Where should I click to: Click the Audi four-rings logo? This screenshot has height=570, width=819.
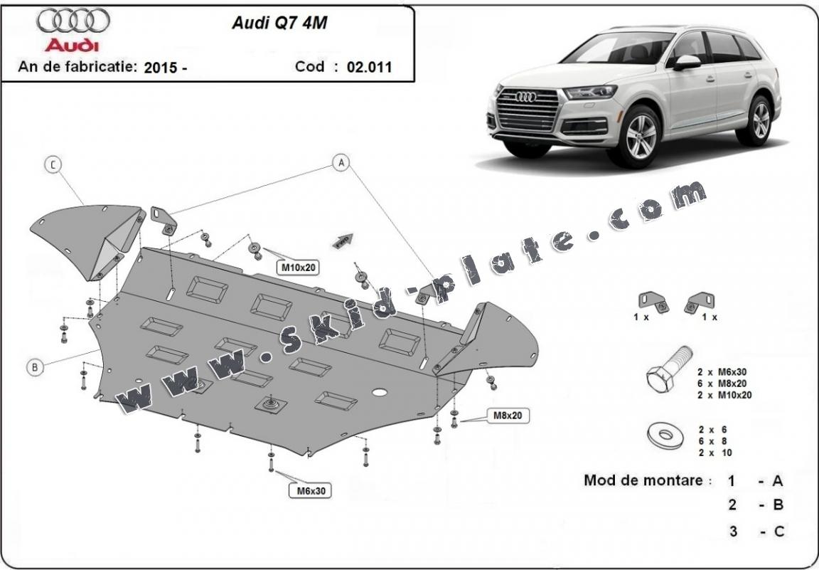[x=73, y=22]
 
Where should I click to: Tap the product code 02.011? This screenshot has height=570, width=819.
[x=370, y=68]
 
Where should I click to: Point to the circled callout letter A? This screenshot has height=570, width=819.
[x=342, y=164]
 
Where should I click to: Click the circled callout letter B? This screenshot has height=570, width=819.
[x=34, y=367]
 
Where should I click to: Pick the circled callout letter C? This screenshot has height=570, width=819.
[x=53, y=165]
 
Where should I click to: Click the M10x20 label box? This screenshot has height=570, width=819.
[x=297, y=268]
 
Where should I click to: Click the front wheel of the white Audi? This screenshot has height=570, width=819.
[x=643, y=136]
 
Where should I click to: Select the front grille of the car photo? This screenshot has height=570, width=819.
[x=528, y=110]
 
